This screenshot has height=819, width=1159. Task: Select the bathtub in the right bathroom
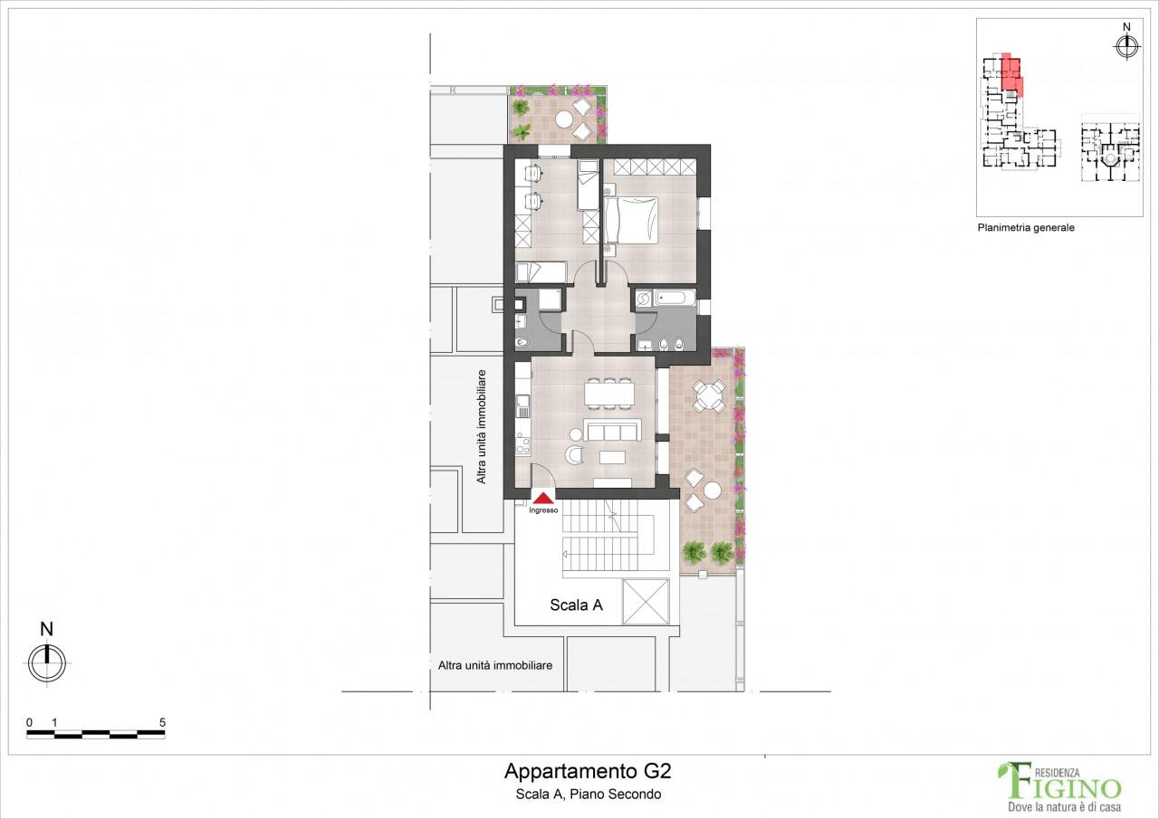click(x=675, y=297)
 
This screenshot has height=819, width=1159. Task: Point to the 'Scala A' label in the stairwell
click(x=576, y=606)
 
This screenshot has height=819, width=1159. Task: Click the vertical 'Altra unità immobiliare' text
click(x=482, y=426)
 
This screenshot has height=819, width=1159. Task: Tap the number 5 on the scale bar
click(x=162, y=722)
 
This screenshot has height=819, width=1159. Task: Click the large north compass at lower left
click(x=47, y=663)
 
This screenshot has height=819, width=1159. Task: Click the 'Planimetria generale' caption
click(x=1025, y=228)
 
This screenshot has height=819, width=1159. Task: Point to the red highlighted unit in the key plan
click(x=1011, y=73)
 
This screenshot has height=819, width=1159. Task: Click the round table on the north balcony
click(x=563, y=119)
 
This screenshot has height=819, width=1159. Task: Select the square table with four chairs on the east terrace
click(x=707, y=395)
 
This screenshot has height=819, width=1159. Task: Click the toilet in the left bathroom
click(x=522, y=342)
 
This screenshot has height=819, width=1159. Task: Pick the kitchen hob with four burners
click(x=522, y=443)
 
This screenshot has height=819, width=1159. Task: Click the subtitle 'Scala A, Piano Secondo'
click(x=587, y=795)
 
